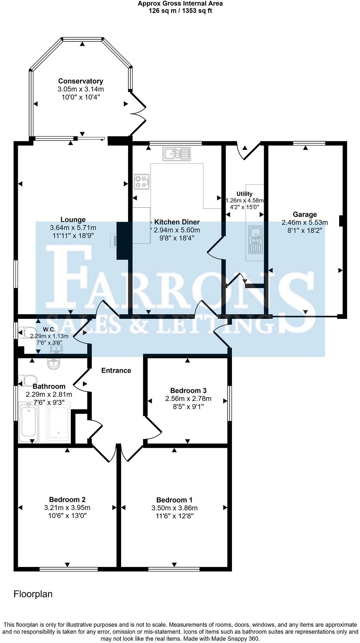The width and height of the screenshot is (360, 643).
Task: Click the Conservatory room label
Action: (x=81, y=81)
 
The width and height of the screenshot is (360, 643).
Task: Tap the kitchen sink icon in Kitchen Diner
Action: (x=176, y=154)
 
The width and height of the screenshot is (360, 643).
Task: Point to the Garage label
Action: (x=305, y=214)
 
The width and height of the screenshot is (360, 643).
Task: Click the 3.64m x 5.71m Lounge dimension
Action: (x=73, y=228)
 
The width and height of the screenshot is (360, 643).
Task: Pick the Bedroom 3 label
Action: (x=188, y=391)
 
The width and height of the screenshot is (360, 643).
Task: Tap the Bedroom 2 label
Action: (x=67, y=499)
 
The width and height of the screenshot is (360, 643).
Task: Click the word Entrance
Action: (x=116, y=370)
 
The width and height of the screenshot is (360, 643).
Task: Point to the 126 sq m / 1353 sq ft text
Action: (x=180, y=11)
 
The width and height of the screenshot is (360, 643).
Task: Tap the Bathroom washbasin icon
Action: (x=54, y=364)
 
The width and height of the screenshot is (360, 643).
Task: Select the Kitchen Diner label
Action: (x=177, y=222)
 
